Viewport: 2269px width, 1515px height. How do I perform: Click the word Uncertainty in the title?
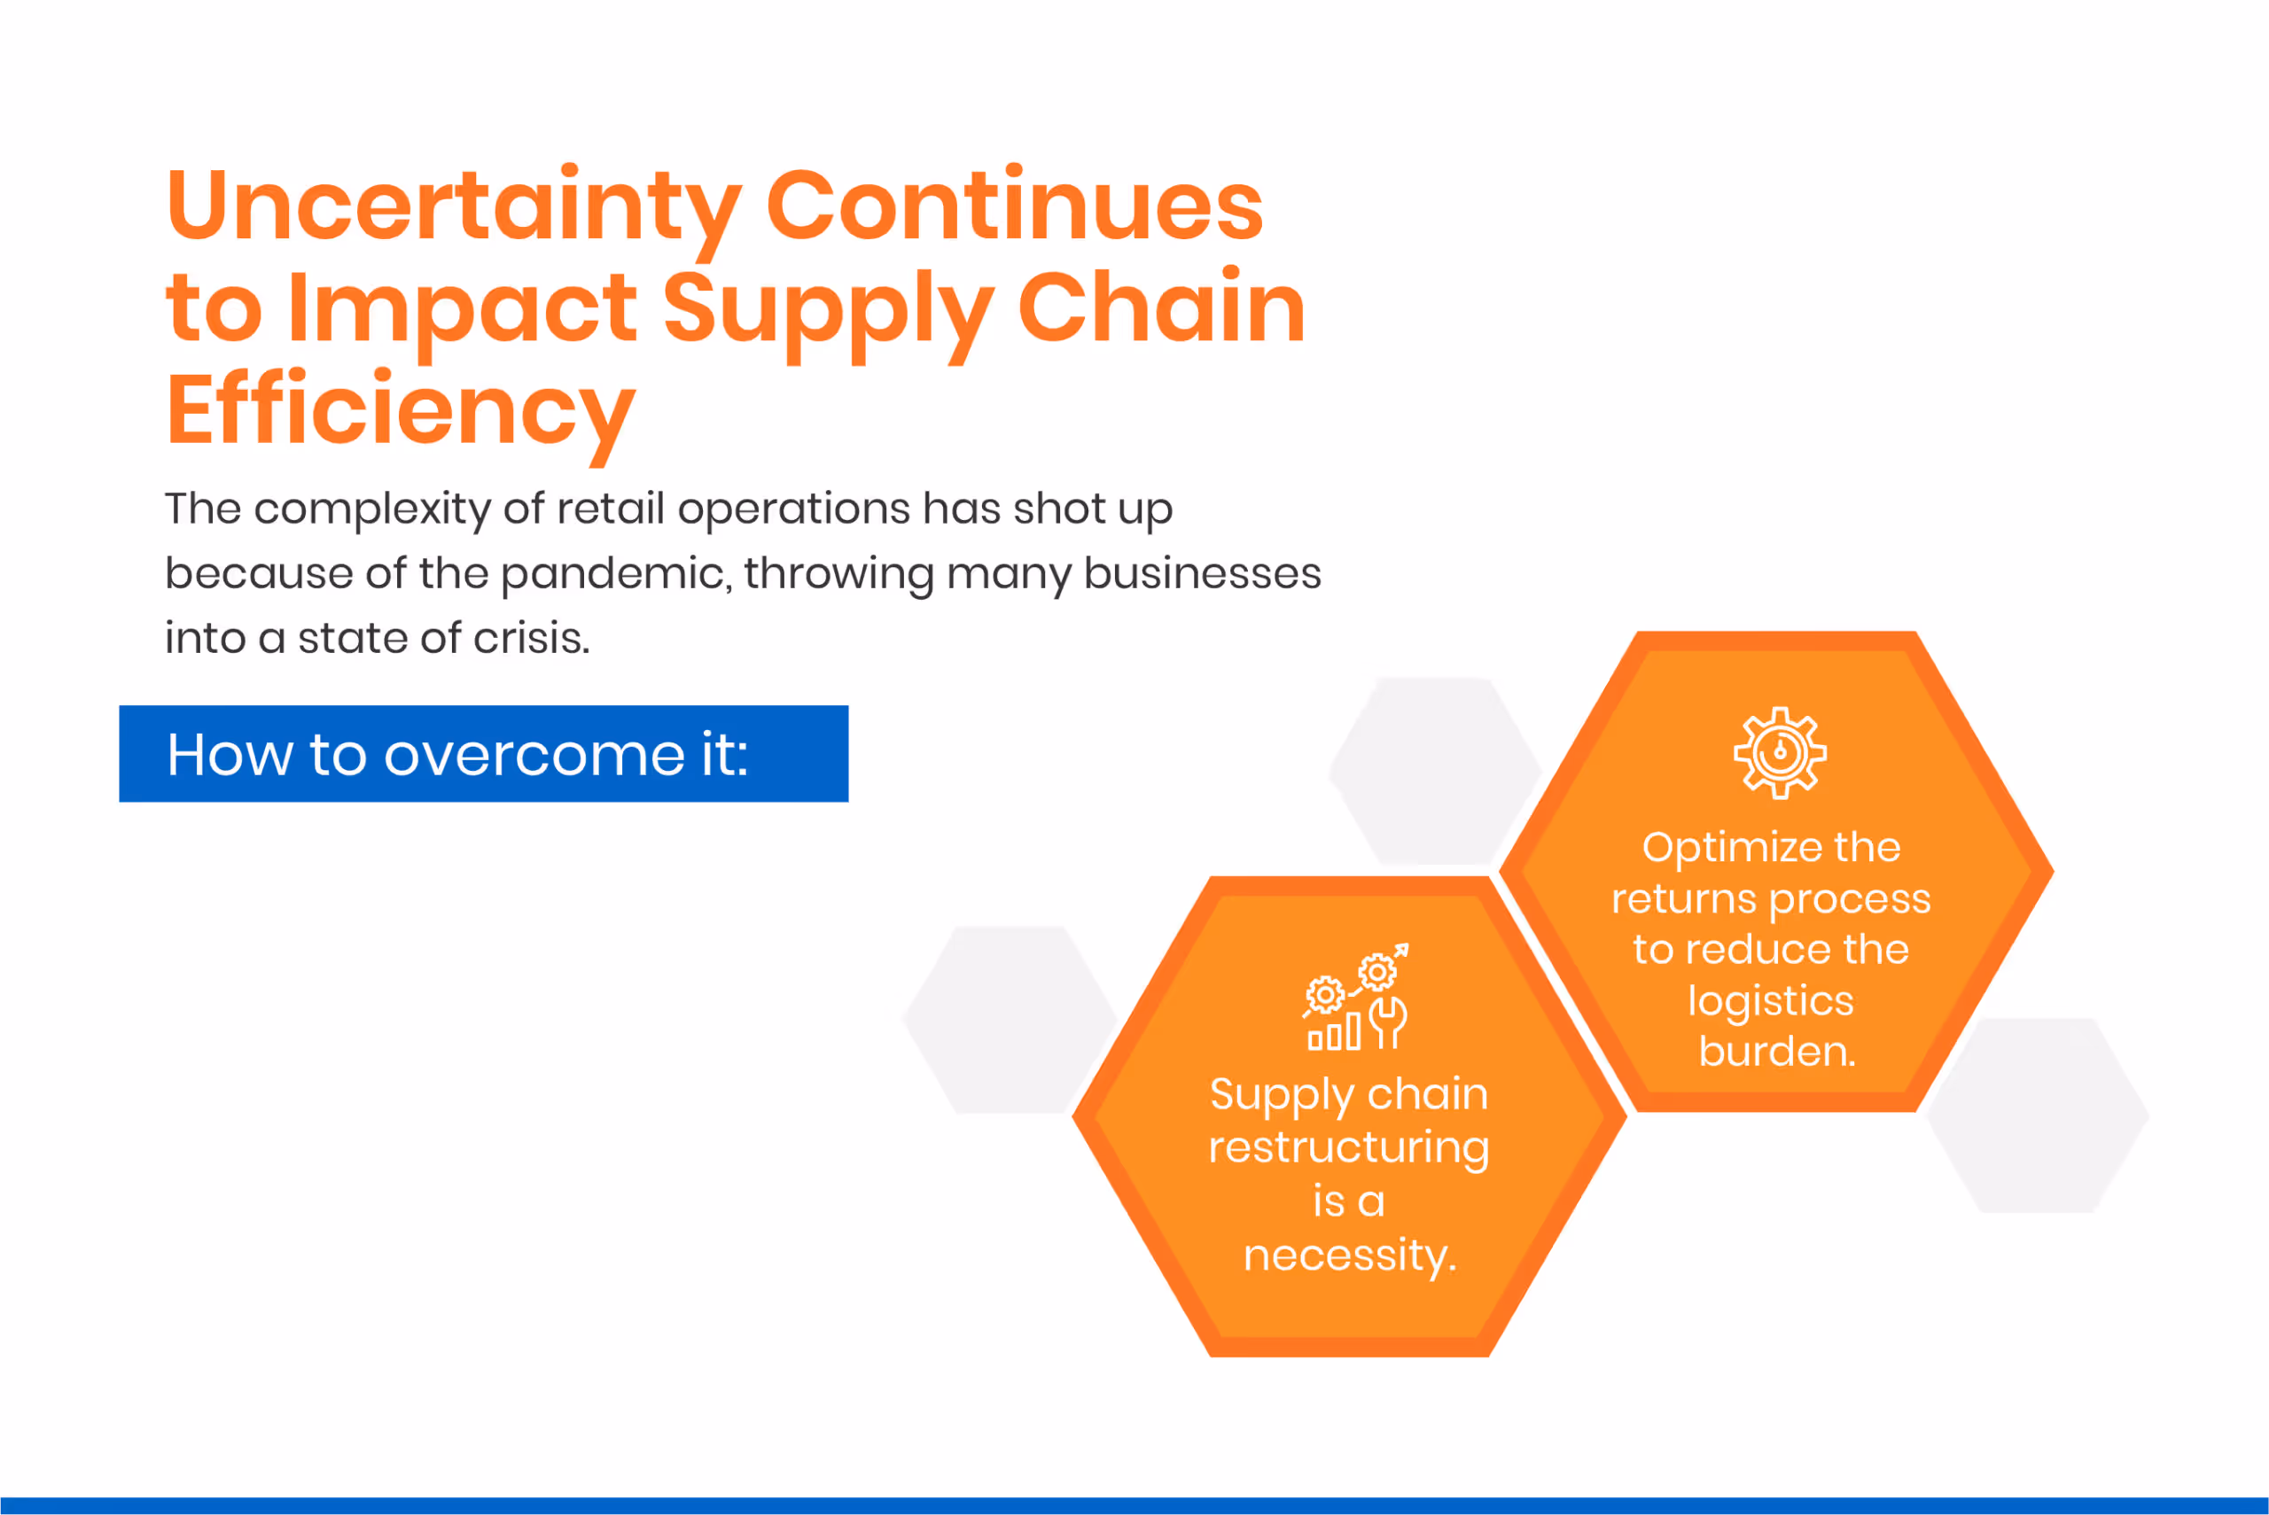452,206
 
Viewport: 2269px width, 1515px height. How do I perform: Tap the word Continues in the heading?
1014,206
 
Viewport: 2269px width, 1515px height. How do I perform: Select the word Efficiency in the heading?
400,410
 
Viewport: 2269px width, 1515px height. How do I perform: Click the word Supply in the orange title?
827,309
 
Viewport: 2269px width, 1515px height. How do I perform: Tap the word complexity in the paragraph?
372,509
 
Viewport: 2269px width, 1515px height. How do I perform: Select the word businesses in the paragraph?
1201,574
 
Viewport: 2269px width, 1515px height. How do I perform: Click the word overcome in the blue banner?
534,755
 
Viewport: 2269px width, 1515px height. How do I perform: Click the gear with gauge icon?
1779,753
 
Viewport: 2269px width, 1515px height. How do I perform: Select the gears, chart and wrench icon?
1356,997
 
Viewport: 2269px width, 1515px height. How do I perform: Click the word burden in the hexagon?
1776,1052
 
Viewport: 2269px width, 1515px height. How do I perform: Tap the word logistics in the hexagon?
1770,1000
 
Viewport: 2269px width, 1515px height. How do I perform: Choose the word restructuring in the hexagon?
1349,1148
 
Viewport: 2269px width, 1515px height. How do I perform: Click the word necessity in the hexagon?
1348,1255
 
